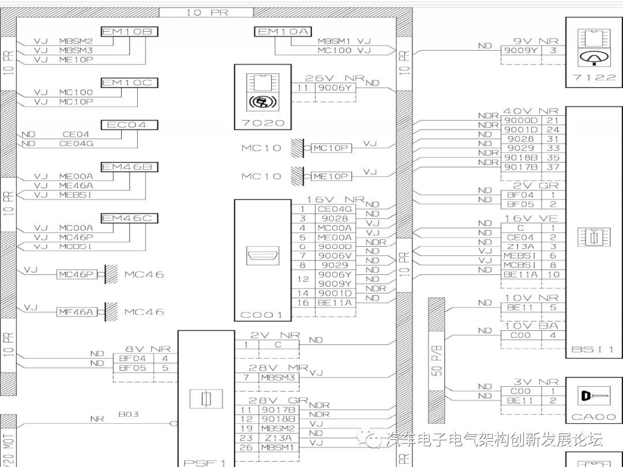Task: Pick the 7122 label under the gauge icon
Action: [x=594, y=77]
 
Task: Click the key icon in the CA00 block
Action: [x=594, y=397]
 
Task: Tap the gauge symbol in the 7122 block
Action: [x=594, y=57]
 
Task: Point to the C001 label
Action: [x=262, y=315]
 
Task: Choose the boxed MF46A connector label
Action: [x=75, y=312]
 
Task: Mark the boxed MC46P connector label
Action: [x=75, y=274]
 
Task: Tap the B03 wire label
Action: [x=128, y=414]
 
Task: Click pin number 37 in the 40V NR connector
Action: [x=553, y=167]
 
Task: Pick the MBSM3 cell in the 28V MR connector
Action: [x=278, y=378]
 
